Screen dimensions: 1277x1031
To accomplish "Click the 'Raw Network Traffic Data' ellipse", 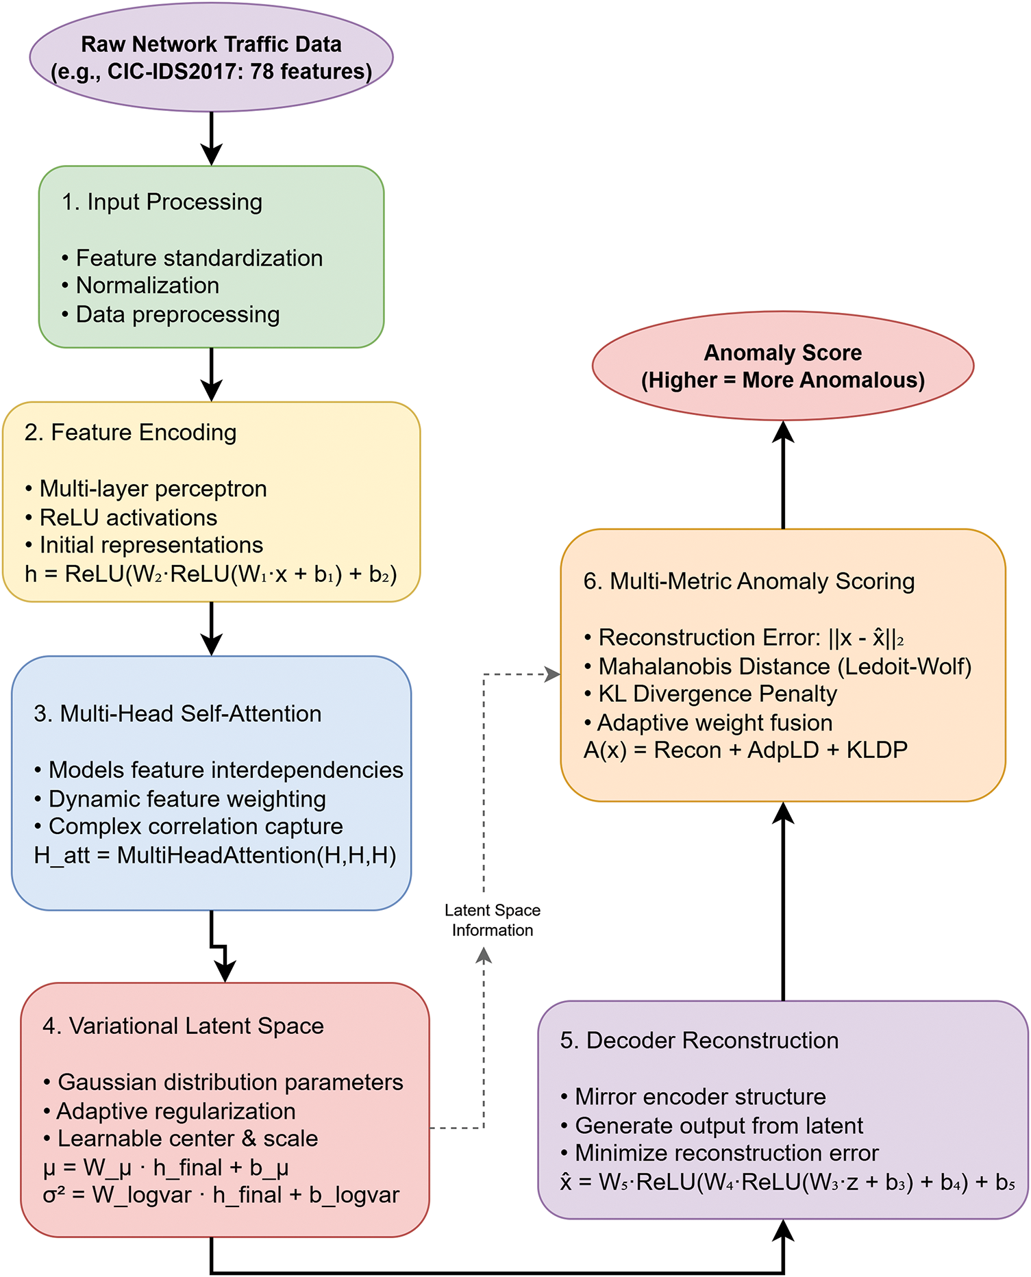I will (211, 58).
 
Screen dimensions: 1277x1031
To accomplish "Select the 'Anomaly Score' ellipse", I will (782, 366).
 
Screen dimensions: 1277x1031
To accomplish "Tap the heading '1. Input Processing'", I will (162, 202).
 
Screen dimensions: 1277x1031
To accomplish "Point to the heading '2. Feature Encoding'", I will (130, 433).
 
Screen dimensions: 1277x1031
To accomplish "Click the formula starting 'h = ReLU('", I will (210, 574).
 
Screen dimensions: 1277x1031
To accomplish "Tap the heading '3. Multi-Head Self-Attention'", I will (177, 713).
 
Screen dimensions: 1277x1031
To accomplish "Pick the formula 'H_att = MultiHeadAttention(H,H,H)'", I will (215, 855).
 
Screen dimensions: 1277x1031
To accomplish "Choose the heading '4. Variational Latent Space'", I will (183, 1026).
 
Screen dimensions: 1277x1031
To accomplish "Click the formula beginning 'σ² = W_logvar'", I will (221, 1195).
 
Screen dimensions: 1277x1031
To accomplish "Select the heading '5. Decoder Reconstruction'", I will (699, 1040).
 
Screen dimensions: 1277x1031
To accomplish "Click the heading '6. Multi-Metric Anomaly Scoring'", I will (749, 581).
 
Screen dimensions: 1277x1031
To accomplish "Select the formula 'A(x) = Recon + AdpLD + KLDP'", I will (745, 750).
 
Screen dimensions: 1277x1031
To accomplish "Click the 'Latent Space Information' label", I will (492, 920).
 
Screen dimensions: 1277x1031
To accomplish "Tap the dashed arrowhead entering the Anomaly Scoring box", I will (552, 674).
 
